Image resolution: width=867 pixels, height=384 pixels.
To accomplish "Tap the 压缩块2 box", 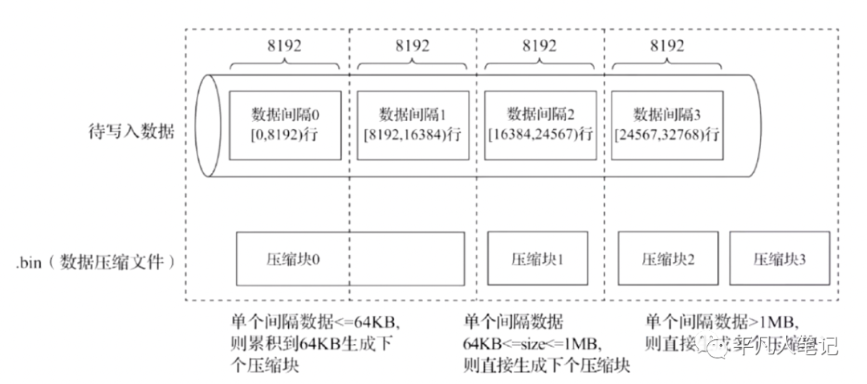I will click(667, 260).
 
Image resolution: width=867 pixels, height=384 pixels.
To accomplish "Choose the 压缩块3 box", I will click(779, 260).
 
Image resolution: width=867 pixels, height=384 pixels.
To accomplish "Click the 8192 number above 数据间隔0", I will click(285, 45).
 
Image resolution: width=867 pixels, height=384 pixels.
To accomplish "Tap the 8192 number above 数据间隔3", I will click(666, 45).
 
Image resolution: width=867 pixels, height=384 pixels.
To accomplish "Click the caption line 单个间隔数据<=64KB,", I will click(314, 322).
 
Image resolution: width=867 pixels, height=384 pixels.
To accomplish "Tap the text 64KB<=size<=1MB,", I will click(530, 344).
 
